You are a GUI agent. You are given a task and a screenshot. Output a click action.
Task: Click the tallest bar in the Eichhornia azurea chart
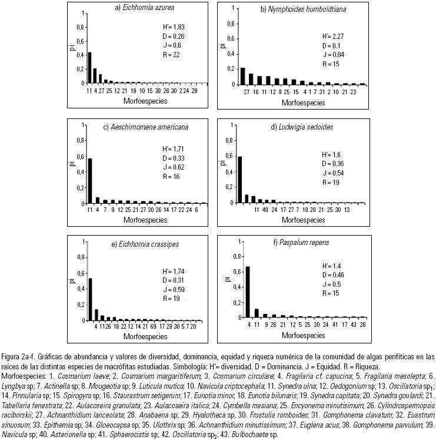coord(89,68)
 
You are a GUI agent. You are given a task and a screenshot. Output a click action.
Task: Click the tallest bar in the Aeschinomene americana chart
coord(89,180)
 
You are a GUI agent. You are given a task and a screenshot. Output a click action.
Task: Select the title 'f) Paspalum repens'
coord(297,242)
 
